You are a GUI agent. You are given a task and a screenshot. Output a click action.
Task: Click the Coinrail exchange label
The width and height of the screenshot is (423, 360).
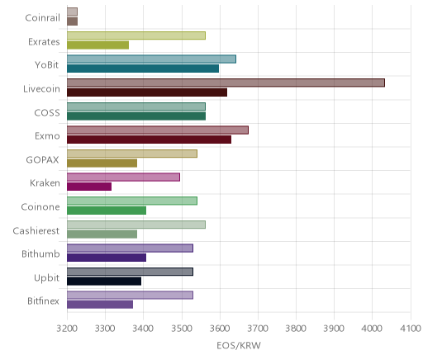pyautogui.click(x=42, y=18)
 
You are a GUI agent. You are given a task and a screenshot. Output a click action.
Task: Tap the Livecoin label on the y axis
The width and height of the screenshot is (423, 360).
pyautogui.click(x=41, y=89)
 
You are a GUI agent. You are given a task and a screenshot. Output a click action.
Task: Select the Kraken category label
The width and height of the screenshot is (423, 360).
pyautogui.click(x=45, y=183)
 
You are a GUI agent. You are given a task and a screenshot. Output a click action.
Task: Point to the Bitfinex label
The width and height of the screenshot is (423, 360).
pyautogui.click(x=43, y=301)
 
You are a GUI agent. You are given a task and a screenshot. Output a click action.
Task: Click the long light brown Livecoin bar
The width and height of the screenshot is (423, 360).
pyautogui.click(x=226, y=83)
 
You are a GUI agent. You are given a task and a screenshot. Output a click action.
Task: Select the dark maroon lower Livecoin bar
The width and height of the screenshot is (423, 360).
pyautogui.click(x=147, y=92)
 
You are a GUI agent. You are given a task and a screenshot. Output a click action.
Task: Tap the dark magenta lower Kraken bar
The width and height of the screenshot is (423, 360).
pyautogui.click(x=89, y=187)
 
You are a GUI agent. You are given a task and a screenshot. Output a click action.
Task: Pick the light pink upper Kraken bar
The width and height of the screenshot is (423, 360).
pyautogui.click(x=123, y=178)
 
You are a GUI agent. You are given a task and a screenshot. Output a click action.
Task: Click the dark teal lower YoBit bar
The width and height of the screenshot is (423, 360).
pyautogui.click(x=143, y=69)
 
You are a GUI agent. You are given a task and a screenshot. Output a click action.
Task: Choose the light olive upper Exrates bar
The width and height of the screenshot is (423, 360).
pyautogui.click(x=136, y=36)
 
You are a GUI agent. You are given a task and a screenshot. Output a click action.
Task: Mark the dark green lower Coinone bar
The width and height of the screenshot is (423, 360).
pyautogui.click(x=107, y=211)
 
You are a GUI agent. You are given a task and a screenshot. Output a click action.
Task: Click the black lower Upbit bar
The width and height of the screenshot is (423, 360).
pyautogui.click(x=104, y=282)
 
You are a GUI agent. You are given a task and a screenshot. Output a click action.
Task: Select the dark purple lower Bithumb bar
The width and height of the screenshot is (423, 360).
pyautogui.click(x=107, y=258)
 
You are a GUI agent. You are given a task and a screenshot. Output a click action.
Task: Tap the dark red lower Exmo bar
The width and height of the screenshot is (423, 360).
pyautogui.click(x=149, y=140)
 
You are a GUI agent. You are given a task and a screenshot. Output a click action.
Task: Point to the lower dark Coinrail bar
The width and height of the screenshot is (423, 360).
pyautogui.click(x=72, y=21)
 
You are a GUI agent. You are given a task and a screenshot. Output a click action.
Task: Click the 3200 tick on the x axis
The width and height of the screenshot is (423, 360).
pyautogui.click(x=67, y=329)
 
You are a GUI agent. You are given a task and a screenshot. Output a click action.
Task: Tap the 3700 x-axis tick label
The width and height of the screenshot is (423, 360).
pyautogui.click(x=258, y=329)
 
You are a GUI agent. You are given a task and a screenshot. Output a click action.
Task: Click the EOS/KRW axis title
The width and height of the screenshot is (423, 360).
pyautogui.click(x=239, y=345)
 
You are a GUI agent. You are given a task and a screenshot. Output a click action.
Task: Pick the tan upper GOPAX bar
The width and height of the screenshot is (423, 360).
pyautogui.click(x=132, y=154)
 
